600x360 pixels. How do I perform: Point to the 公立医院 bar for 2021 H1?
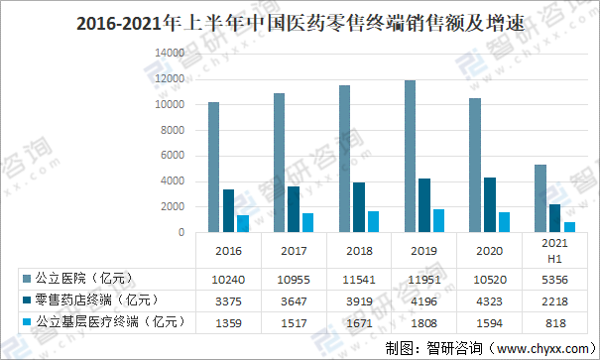[x=540, y=197]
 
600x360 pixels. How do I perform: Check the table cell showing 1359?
[x=229, y=320]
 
